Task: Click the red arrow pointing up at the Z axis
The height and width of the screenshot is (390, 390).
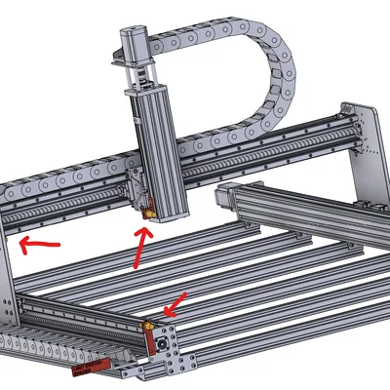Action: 140,248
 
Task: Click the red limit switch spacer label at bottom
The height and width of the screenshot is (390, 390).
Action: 88,367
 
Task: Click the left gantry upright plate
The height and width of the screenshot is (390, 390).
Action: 9,283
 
